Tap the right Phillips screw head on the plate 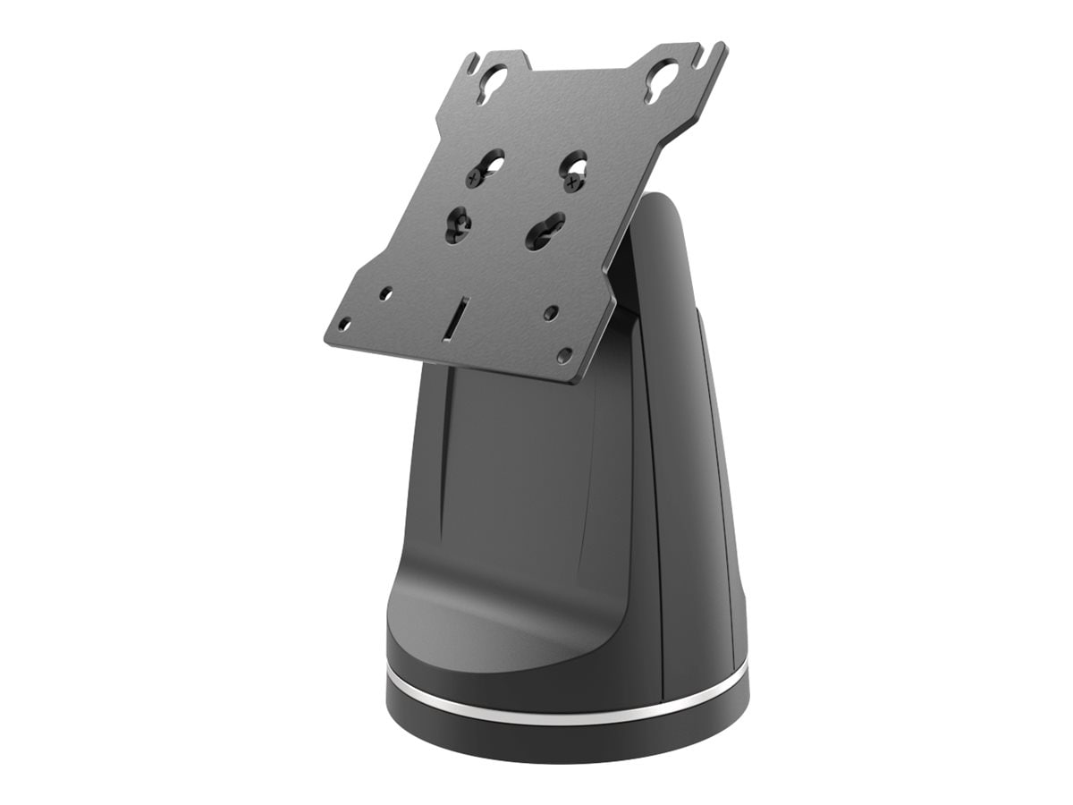[572, 184]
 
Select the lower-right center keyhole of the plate [545, 231]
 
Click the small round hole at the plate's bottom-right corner [564, 355]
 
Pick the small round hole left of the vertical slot [385, 292]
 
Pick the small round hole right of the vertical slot [552, 313]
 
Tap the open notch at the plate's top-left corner [471, 63]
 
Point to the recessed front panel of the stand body [536, 483]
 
